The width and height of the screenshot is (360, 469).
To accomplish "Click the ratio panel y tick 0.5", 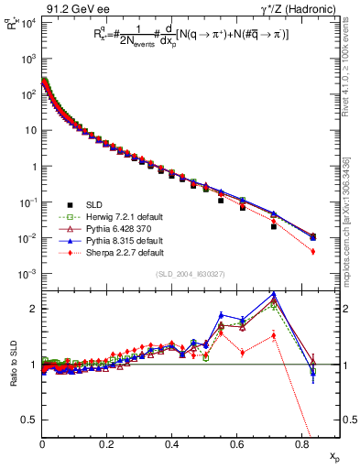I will pos(28,420).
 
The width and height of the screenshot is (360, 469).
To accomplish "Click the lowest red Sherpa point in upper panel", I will pos(314,251).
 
